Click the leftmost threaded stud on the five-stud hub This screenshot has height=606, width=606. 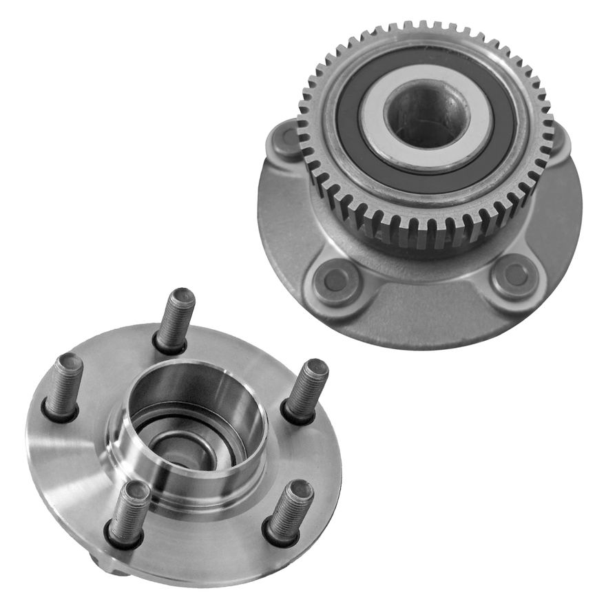click(x=65, y=386)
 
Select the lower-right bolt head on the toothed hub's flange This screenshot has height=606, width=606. click(x=515, y=274)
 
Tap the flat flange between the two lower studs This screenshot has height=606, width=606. click(x=207, y=544)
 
